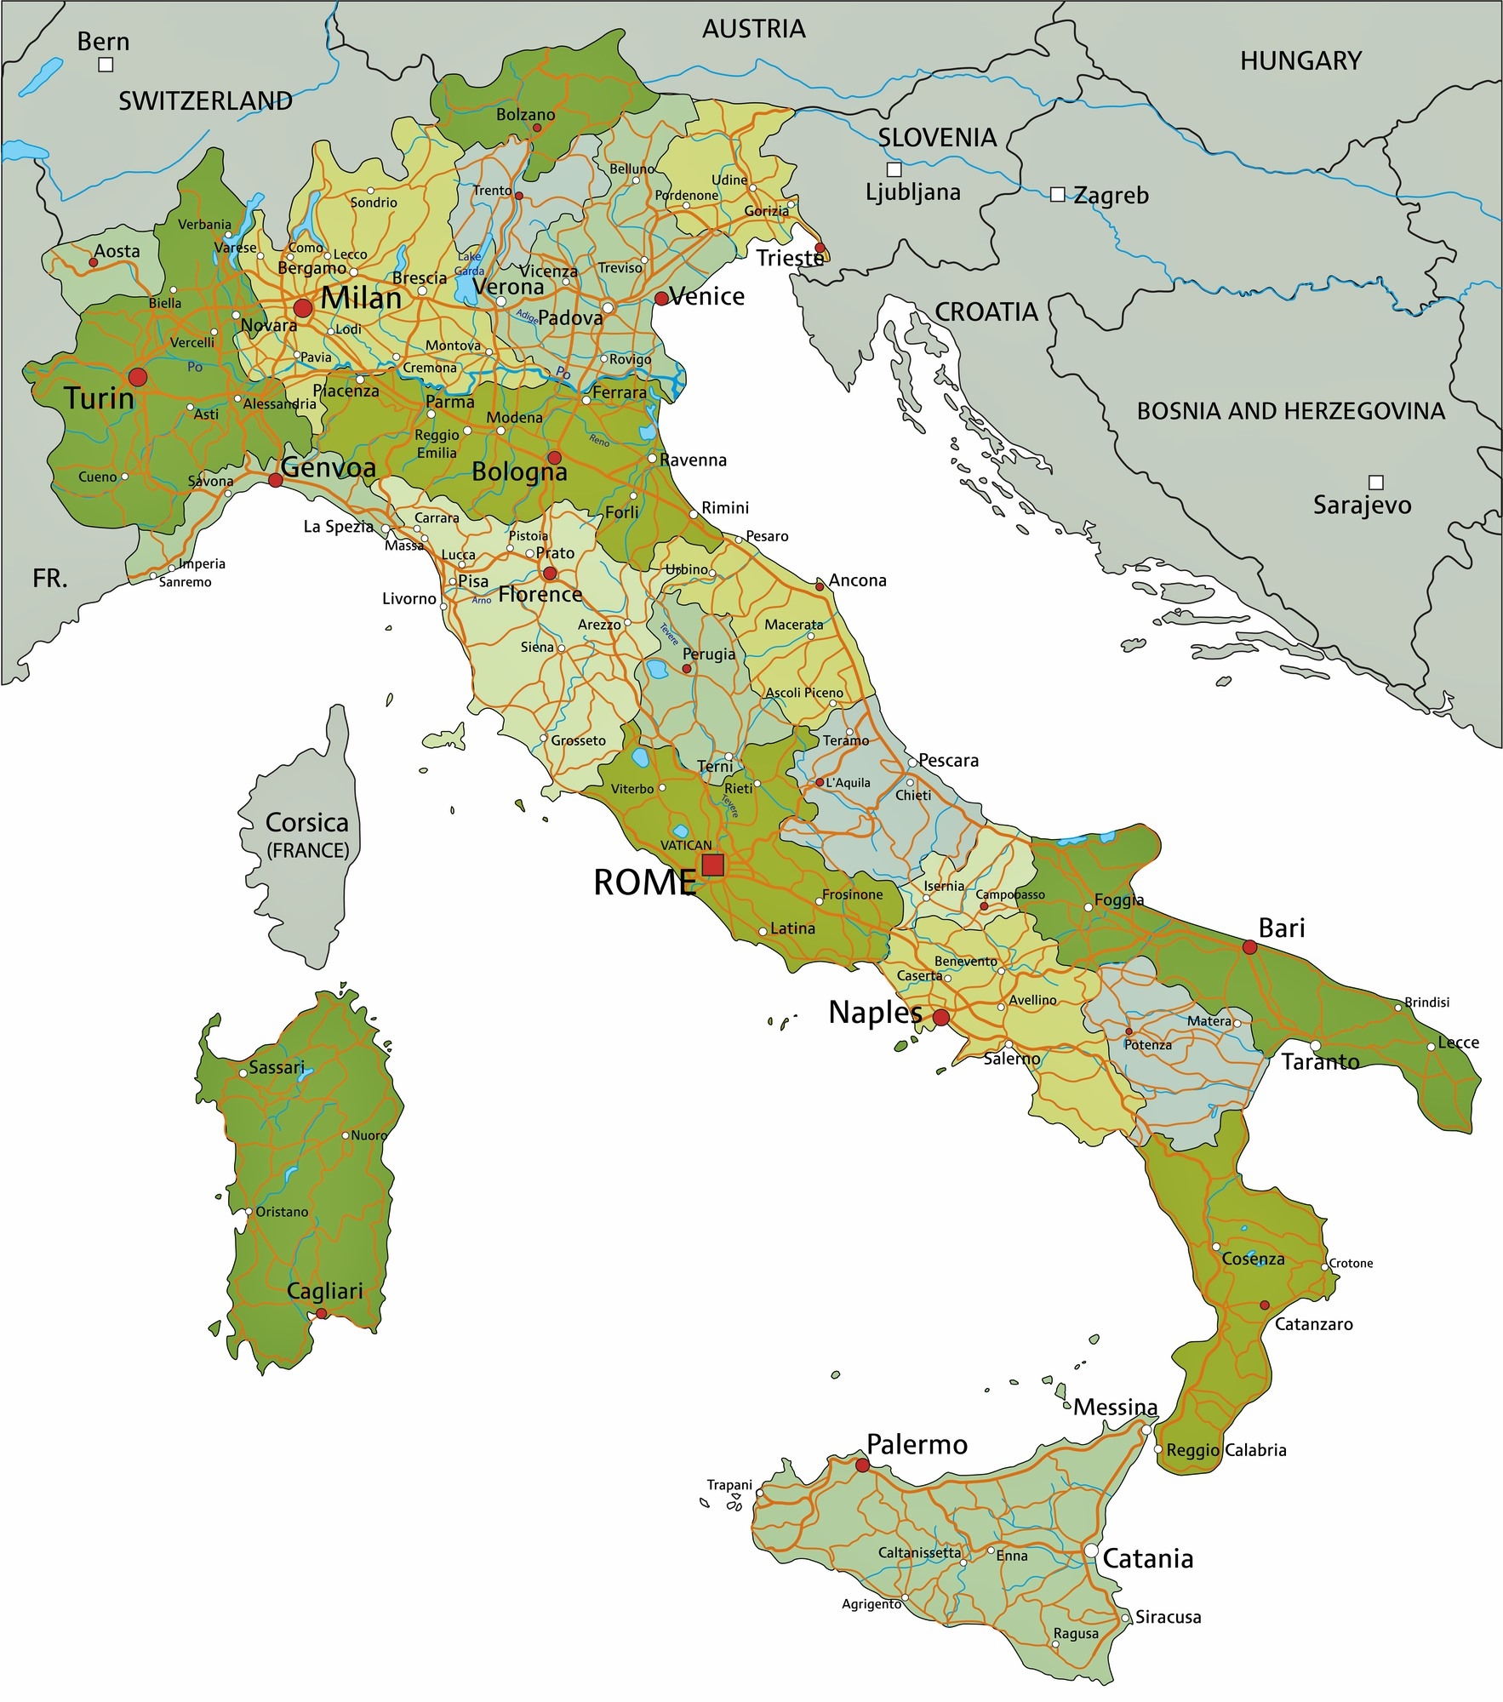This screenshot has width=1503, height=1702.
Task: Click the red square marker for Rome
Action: pos(712,865)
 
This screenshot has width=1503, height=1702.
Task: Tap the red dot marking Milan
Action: pos(303,307)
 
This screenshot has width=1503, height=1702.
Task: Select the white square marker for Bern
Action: pos(106,65)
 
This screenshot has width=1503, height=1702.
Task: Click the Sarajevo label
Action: pos(1362,505)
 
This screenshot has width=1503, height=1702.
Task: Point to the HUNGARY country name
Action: pos(1300,61)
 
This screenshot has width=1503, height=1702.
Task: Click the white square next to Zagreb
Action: pos(1057,195)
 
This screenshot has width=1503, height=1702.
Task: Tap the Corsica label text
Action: pos(306,823)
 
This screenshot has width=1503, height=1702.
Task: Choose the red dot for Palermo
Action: pos(862,1465)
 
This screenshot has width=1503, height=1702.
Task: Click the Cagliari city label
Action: pos(325,1291)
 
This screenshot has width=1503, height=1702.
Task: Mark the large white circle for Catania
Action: pos(1091,1551)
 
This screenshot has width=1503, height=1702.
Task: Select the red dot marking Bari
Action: pos(1249,946)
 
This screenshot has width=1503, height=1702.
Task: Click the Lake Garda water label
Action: pos(469,264)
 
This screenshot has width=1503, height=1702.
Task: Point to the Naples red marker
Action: pos(941,1017)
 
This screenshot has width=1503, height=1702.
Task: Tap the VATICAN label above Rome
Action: pos(686,845)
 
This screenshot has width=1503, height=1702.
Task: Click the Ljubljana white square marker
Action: pos(894,169)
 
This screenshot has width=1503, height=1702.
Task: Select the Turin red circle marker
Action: pos(137,376)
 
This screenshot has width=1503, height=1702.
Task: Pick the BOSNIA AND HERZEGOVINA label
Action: pos(1290,411)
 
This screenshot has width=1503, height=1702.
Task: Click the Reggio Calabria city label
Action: pos(1226,1450)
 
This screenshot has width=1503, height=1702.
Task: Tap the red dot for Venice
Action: pos(661,298)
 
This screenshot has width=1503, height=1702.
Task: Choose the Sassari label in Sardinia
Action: pos(277,1067)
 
